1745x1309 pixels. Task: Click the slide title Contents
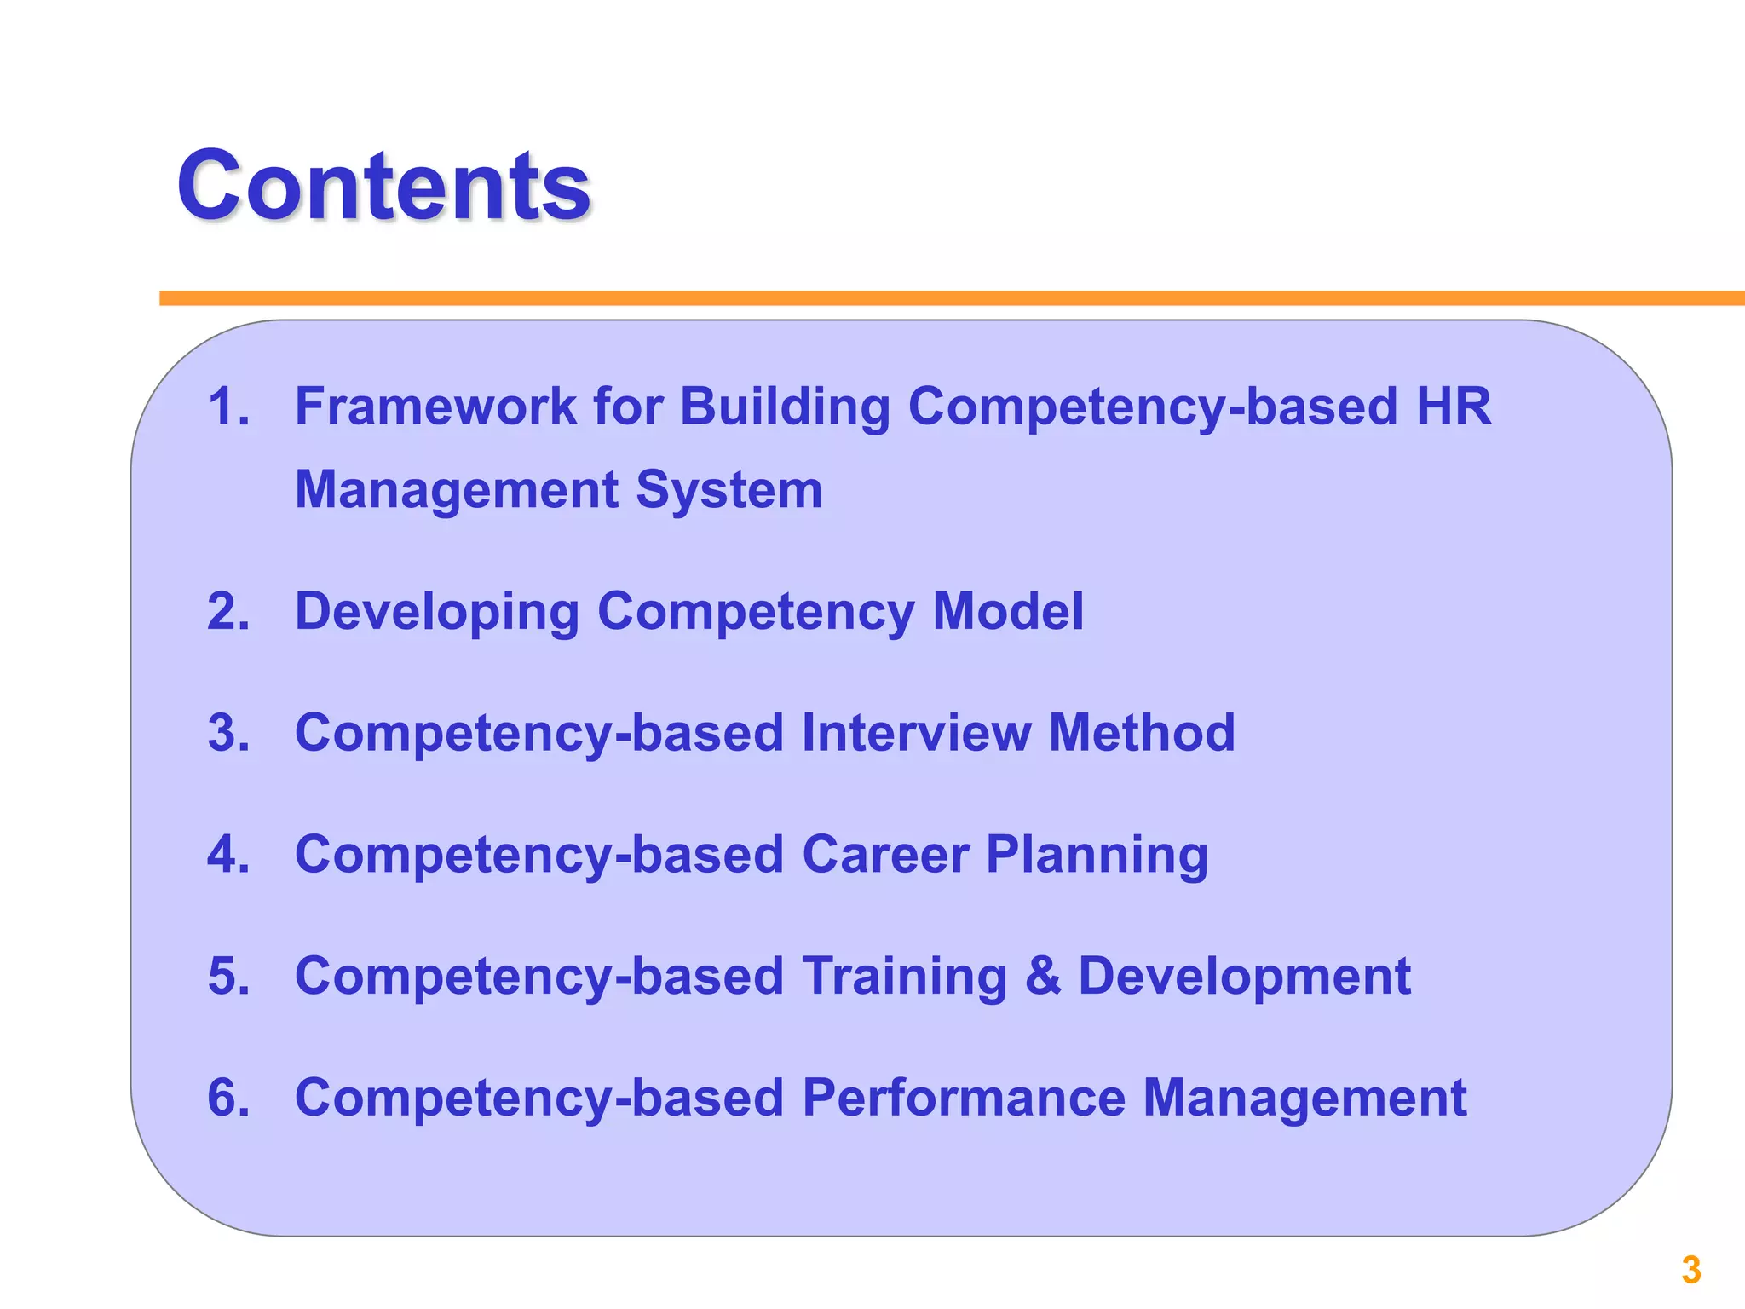click(383, 186)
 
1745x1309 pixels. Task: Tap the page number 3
click(1691, 1270)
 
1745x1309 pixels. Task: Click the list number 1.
click(228, 406)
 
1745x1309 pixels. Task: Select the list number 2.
click(228, 611)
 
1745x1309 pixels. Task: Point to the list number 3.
click(228, 733)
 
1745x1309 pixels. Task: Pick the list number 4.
click(228, 854)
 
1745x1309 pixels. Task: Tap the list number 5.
click(228, 976)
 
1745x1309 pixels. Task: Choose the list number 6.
click(228, 1098)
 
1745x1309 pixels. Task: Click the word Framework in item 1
click(435, 406)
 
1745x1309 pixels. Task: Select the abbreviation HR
click(1454, 406)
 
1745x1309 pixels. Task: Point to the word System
click(729, 490)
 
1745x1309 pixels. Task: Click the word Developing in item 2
click(436, 613)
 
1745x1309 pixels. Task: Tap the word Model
click(1008, 611)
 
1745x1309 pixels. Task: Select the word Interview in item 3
click(916, 733)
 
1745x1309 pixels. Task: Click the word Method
click(1142, 733)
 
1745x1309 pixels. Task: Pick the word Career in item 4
click(885, 854)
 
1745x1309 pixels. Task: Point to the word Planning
click(1097, 856)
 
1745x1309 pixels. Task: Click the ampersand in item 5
click(1043, 976)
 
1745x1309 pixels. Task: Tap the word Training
click(905, 977)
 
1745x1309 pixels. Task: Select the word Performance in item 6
click(964, 1098)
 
